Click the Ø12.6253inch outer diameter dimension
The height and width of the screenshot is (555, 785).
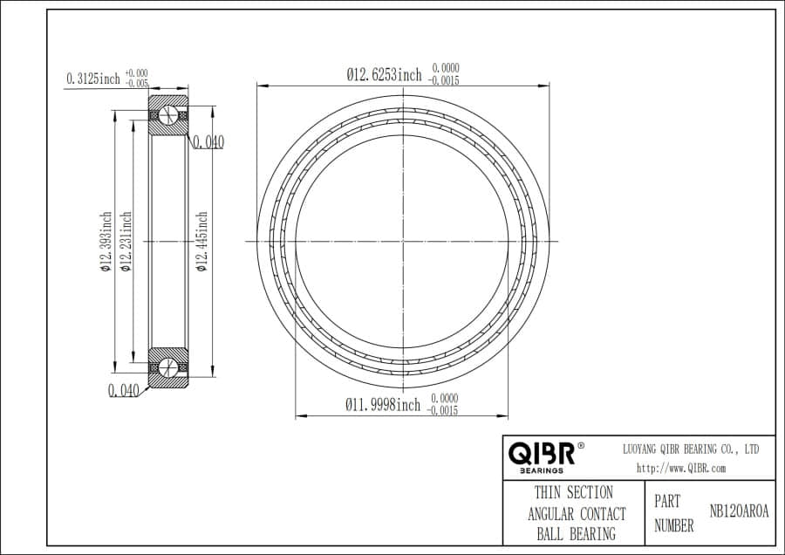tap(384, 76)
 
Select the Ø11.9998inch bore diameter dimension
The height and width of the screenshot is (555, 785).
tap(383, 405)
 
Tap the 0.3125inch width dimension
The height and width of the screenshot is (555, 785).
tap(93, 79)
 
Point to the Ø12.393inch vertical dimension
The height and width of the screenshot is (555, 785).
tap(106, 243)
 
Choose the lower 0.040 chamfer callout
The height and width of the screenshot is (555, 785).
tap(124, 390)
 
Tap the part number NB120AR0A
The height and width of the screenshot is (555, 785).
tap(739, 512)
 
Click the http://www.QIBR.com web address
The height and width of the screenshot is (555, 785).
tap(681, 469)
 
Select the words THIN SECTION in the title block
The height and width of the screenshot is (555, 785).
tap(573, 493)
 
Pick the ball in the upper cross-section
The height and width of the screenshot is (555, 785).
tap(169, 116)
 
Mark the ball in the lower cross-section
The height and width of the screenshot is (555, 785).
tap(169, 366)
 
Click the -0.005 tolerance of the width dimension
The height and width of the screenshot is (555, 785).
tap(137, 84)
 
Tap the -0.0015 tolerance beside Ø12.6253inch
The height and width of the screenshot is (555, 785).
tap(445, 81)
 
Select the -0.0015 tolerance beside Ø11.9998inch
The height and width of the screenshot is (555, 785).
tap(443, 410)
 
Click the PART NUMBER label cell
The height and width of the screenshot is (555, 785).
tap(673, 514)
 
